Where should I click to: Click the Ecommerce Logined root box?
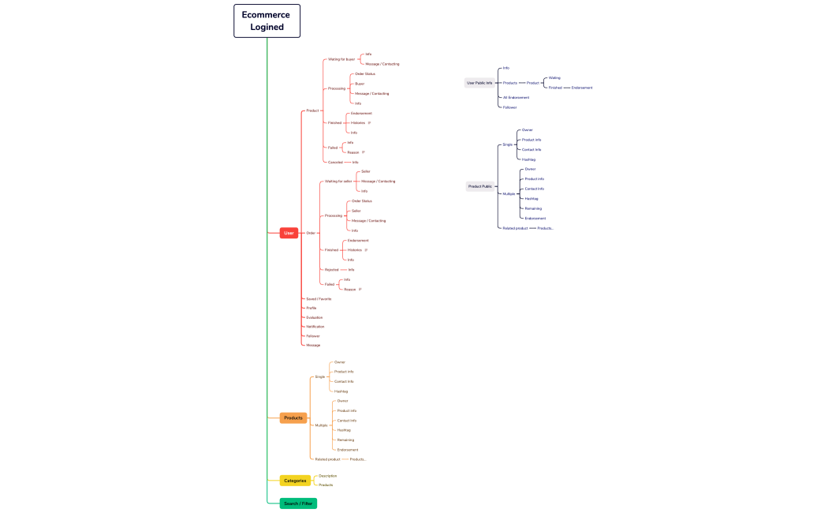pyautogui.click(x=267, y=21)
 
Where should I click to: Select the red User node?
pyautogui.click(x=289, y=233)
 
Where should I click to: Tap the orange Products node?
pyautogui.click(x=293, y=418)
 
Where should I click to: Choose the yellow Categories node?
pyautogui.click(x=295, y=480)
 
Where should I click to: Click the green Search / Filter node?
pyautogui.click(x=298, y=504)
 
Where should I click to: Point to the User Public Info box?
pyautogui.click(x=479, y=83)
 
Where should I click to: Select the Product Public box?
pyautogui.click(x=480, y=186)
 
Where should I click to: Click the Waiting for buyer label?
pyautogui.click(x=341, y=59)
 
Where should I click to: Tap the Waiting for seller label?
pyautogui.click(x=338, y=182)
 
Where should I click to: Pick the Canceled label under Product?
pyautogui.click(x=335, y=162)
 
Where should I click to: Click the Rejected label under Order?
pyautogui.click(x=331, y=270)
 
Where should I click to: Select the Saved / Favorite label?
pyautogui.click(x=319, y=299)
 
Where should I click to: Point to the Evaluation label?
pyautogui.click(x=314, y=317)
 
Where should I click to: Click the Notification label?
pyautogui.click(x=315, y=327)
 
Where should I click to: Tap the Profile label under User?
pyautogui.click(x=311, y=308)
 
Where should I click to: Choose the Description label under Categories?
pyautogui.click(x=327, y=476)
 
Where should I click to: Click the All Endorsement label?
pyautogui.click(x=516, y=98)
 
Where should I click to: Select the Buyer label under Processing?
pyautogui.click(x=360, y=84)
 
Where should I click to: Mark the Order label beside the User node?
pyautogui.click(x=311, y=233)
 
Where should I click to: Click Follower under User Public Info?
pyautogui.click(x=509, y=107)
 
